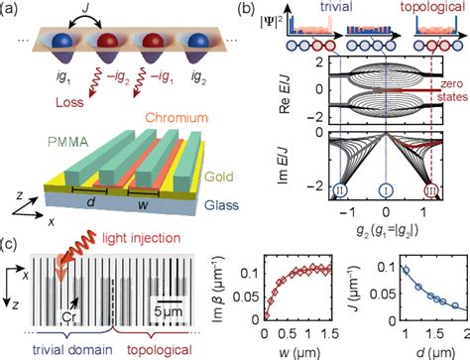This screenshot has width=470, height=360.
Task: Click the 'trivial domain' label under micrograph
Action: [70, 348]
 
